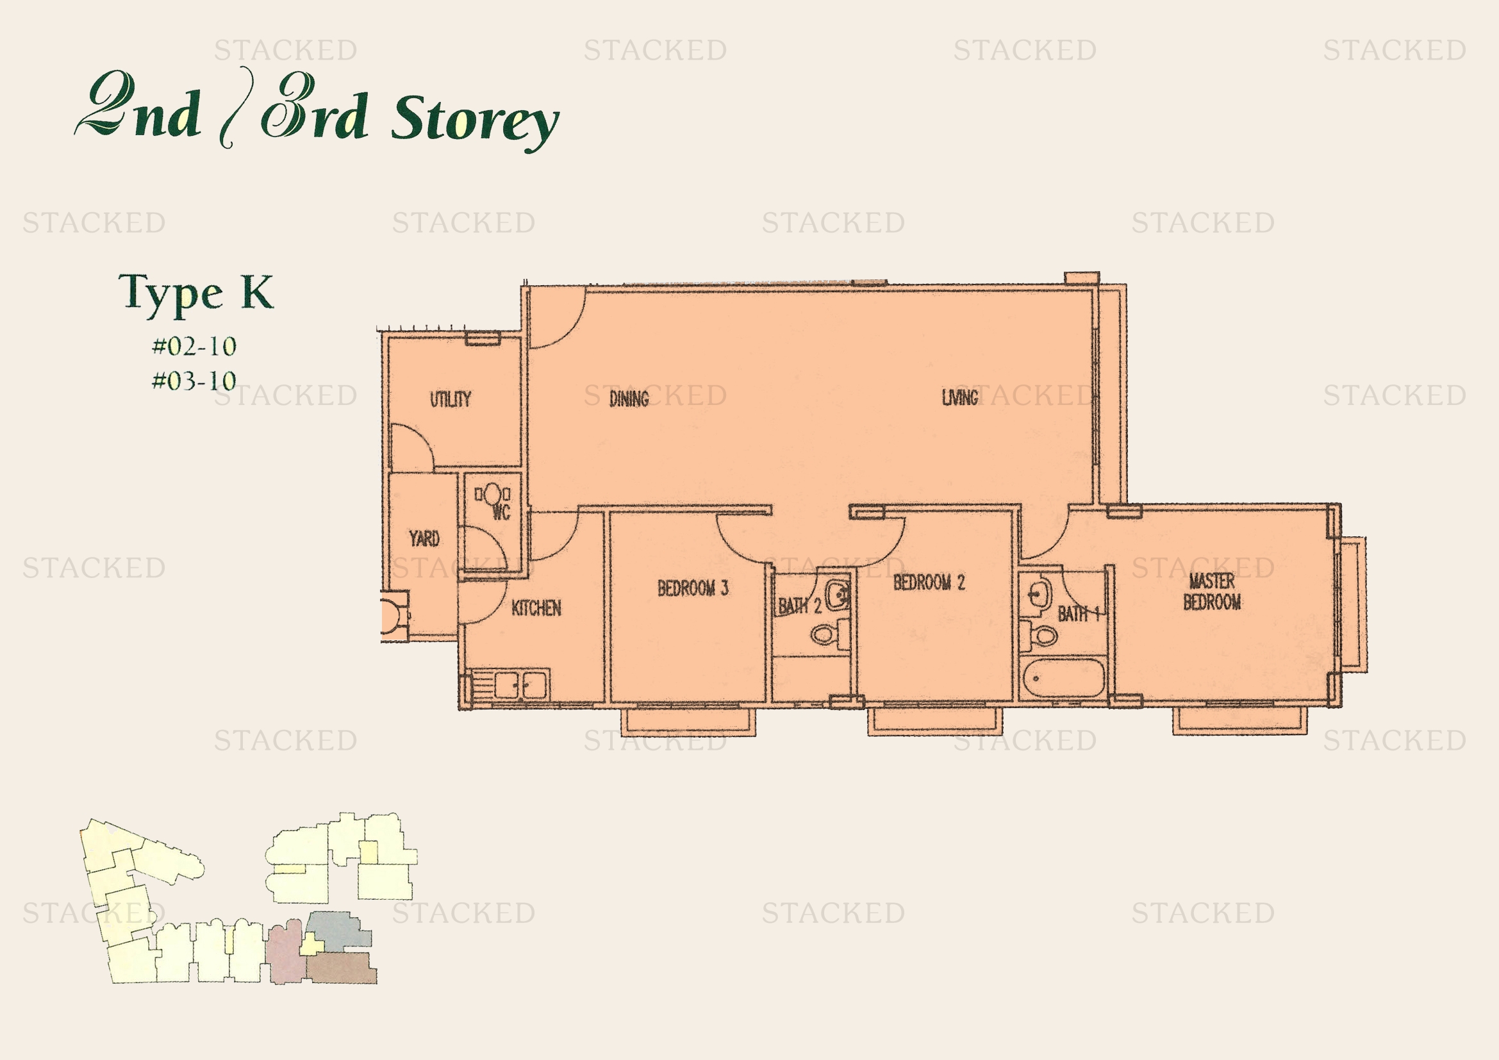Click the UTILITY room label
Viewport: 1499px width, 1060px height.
coord(450,399)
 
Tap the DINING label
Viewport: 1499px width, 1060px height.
coord(629,398)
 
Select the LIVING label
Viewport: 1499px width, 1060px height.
coord(960,397)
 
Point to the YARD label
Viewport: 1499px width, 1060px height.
coord(424,538)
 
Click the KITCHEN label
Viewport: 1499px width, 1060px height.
coord(536,608)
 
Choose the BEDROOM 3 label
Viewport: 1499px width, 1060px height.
coord(693,588)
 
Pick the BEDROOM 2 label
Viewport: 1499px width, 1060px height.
coord(929,582)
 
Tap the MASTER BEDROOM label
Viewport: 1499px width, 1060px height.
coord(1212,592)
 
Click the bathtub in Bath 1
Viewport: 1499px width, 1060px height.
coord(1063,678)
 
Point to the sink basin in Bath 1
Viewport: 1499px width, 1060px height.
coord(1038,595)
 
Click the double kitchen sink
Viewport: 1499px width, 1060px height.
coord(520,685)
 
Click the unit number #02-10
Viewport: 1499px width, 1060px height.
coord(194,346)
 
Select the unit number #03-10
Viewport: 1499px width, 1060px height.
coord(194,381)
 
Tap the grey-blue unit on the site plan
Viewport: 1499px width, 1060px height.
coord(337,930)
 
